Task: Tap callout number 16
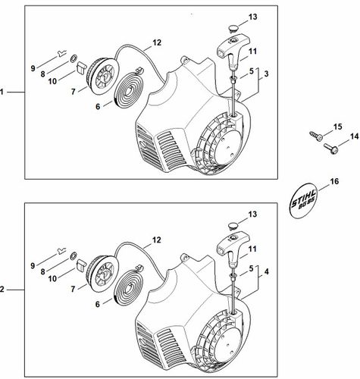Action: pos(334,182)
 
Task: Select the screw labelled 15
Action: pos(316,136)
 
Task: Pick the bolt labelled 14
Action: pos(330,148)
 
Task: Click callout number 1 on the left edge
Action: pos(2,92)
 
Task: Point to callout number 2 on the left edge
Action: pos(2,290)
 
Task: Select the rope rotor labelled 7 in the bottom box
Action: pos(102,276)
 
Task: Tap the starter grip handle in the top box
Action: pos(233,52)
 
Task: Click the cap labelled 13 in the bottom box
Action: pos(234,225)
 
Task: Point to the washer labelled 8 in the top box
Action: pos(74,59)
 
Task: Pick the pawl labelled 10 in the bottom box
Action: pos(81,265)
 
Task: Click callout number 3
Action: pos(266,74)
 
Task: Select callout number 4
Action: pos(266,271)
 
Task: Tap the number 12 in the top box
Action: pos(156,42)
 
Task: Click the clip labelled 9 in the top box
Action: pos(61,54)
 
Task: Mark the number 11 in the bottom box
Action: pos(252,249)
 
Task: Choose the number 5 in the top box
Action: pos(251,71)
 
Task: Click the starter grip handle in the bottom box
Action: pos(233,249)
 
